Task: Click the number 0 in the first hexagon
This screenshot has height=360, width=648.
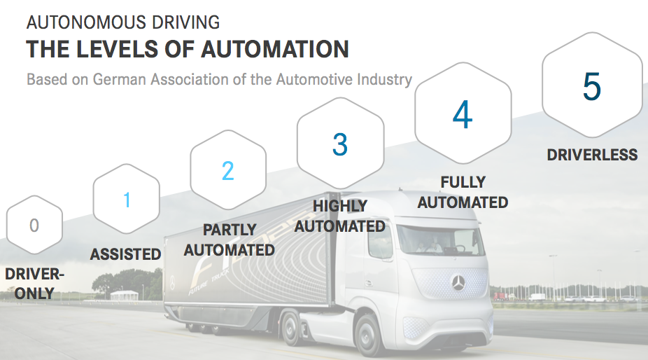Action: click(34, 226)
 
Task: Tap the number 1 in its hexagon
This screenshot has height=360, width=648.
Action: click(127, 200)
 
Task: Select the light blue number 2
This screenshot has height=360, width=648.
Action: click(227, 171)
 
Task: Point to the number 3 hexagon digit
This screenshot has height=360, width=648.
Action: click(340, 144)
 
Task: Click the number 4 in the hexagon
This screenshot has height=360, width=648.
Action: click(463, 114)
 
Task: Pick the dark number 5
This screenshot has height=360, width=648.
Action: click(592, 86)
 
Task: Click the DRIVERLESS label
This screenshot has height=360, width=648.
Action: click(592, 155)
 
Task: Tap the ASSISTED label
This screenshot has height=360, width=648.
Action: click(126, 254)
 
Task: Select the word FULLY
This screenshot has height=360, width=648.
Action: click(463, 182)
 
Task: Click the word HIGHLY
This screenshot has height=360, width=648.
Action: click(339, 206)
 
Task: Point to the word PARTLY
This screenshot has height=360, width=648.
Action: click(230, 230)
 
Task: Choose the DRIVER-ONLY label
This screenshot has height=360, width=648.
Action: click(35, 284)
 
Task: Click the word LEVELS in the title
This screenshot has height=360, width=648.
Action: click(118, 49)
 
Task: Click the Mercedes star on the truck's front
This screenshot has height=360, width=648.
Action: click(458, 283)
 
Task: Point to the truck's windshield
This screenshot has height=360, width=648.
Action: click(439, 240)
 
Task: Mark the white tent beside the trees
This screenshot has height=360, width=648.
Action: click(125, 295)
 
